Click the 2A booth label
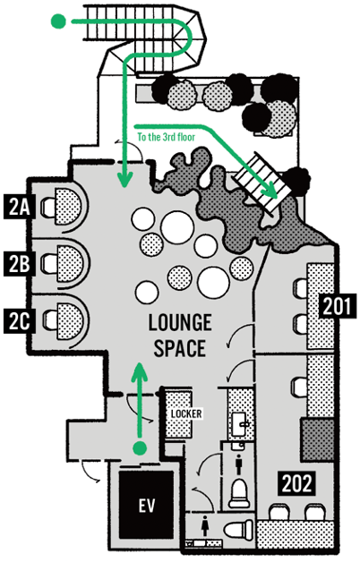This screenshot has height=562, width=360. pyautogui.click(x=19, y=207)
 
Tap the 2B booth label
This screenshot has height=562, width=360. pyautogui.click(x=19, y=263)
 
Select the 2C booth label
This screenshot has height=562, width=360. pyautogui.click(x=19, y=320)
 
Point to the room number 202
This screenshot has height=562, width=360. pyautogui.click(x=296, y=483)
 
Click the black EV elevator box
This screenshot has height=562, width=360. pyautogui.click(x=146, y=505)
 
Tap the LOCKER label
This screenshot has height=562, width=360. pyautogui.click(x=185, y=413)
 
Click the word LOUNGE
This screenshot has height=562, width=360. pyautogui.click(x=180, y=322)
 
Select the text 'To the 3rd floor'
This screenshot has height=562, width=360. pyautogui.click(x=167, y=137)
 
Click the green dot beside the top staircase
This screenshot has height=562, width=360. pyautogui.click(x=59, y=21)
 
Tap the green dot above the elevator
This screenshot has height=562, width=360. pyautogui.click(x=140, y=448)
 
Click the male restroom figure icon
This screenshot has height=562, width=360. pyautogui.click(x=239, y=464)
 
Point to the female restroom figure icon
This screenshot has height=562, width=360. pyautogui.click(x=205, y=524)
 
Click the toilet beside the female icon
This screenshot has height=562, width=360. pyautogui.click(x=239, y=529)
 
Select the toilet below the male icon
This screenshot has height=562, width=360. pyautogui.click(x=239, y=494)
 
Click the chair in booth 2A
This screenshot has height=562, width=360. pyautogui.click(x=48, y=207)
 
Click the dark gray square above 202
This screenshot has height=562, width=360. pyautogui.click(x=318, y=439)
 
